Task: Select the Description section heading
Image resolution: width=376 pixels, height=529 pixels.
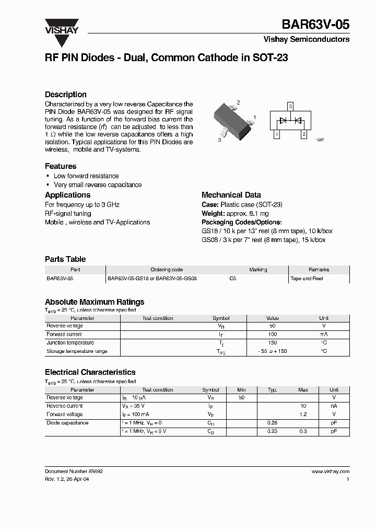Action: coord(65,95)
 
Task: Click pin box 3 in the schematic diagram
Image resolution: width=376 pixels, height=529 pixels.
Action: coord(290,106)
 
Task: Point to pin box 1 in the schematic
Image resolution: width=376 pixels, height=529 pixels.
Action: coord(276,134)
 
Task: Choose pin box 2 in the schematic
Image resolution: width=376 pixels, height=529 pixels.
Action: coord(304,134)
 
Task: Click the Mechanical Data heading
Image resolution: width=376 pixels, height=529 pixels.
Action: coord(231,195)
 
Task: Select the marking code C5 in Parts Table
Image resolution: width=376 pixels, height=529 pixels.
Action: coord(233,279)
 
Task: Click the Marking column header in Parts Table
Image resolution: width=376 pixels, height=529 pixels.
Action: coord(258,270)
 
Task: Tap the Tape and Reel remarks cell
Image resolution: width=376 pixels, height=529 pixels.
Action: coord(307,279)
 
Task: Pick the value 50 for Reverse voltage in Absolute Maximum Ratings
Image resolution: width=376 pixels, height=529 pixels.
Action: coord(272,326)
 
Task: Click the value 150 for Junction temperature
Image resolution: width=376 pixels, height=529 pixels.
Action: coord(272,343)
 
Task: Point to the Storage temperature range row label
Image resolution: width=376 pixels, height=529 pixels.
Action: coord(77,351)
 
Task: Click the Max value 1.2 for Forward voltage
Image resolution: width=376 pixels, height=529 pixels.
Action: coord(303,415)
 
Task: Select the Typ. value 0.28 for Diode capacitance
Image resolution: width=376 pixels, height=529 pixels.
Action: coord(272,423)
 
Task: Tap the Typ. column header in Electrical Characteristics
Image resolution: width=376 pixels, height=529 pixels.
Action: coord(272,390)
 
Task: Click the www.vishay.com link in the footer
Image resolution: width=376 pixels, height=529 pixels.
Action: coord(331,471)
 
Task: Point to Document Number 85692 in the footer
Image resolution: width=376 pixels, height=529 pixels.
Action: coord(74,471)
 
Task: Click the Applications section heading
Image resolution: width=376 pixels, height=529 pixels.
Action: coord(67,195)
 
